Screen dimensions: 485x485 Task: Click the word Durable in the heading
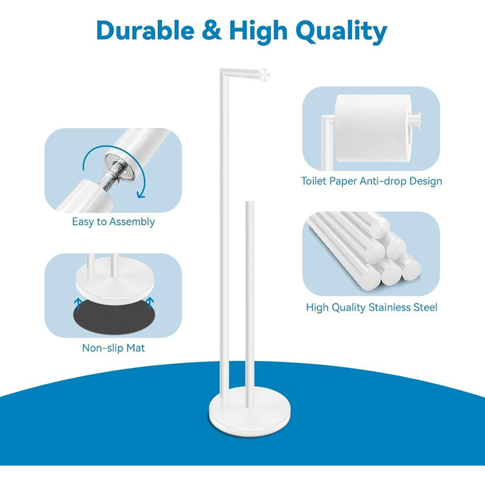145,30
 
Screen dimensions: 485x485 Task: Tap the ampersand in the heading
211,30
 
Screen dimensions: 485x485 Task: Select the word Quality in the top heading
341,32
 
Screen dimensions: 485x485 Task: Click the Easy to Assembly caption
113,222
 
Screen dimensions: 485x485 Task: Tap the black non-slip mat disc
114,317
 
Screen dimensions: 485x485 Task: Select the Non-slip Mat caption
113,348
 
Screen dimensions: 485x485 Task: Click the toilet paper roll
373,128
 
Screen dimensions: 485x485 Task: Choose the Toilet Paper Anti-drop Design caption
371,181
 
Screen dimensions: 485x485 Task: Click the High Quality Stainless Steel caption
371,307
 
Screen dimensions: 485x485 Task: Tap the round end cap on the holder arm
265,75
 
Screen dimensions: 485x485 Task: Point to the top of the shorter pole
249,202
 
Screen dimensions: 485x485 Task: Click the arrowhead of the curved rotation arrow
141,194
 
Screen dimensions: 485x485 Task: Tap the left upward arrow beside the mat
78,303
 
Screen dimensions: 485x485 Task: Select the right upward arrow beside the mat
150,303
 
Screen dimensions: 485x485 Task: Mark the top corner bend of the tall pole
222,71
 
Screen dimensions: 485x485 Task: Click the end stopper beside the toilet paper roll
416,121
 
